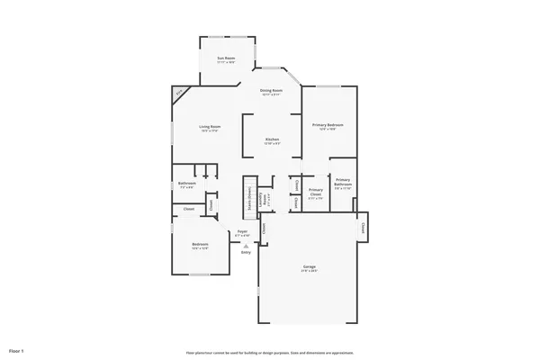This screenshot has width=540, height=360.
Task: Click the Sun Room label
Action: coord(225,59)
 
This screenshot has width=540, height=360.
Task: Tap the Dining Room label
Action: coord(271,92)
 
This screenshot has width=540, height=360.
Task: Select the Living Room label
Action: coord(210,129)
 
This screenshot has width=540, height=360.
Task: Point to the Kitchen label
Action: coord(271,140)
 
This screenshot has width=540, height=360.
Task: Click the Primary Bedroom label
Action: coord(328,127)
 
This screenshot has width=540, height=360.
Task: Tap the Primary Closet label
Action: coord(315,192)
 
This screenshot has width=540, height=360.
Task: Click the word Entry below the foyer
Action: coord(245,252)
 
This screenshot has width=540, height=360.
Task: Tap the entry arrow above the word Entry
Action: coord(245,245)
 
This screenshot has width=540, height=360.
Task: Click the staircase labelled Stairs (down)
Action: coord(247,198)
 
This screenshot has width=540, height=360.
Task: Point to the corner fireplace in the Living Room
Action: coord(180,93)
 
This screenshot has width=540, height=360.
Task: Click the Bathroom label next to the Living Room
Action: coord(187,186)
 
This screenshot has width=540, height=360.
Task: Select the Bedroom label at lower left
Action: coord(200,246)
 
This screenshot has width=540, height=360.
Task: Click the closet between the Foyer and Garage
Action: coord(265,229)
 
